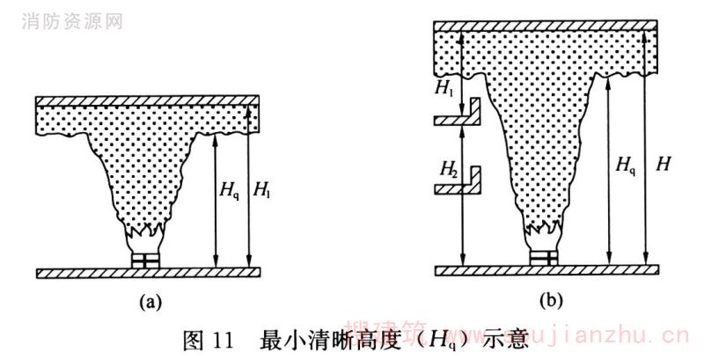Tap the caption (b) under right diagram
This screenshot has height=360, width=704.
click(x=551, y=302)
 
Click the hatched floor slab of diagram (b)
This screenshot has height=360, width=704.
click(x=546, y=268)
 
